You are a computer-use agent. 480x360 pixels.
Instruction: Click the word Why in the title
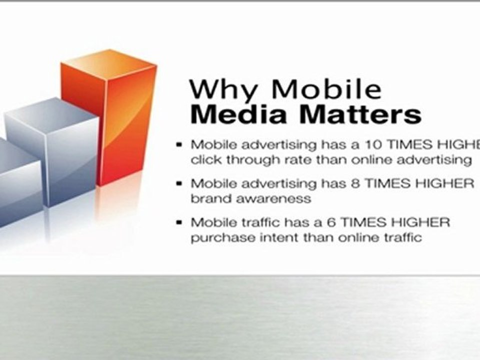pyautogui.click(x=224, y=89)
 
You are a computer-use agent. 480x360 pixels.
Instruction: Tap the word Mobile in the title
pyautogui.click(x=327, y=88)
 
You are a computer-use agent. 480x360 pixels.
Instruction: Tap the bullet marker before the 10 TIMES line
pyautogui.click(x=179, y=145)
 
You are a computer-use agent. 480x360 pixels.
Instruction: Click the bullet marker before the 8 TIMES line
pyautogui.click(x=179, y=183)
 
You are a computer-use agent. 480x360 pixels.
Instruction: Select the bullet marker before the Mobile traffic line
pyautogui.click(x=179, y=222)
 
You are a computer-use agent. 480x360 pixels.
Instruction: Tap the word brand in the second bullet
pyautogui.click(x=211, y=198)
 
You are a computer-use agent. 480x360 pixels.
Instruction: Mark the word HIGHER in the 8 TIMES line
pyautogui.click(x=444, y=183)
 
